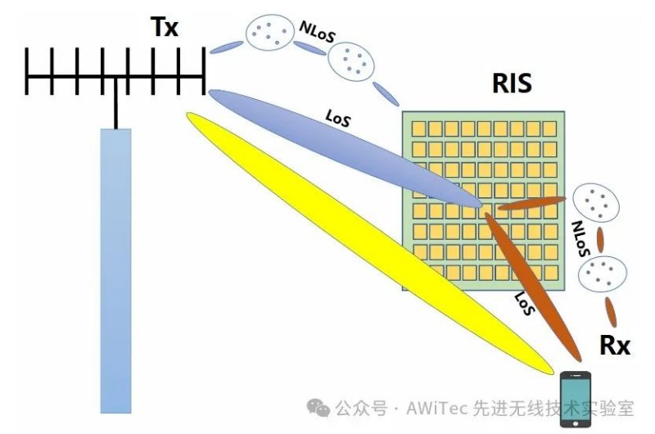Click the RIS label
[x=512, y=83]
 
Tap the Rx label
[x=615, y=346]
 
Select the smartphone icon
[x=576, y=398]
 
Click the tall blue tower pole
[x=115, y=270]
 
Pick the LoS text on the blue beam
[x=337, y=119]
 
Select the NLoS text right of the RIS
[x=582, y=238]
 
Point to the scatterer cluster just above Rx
[x=604, y=274]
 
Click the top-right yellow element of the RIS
[x=549, y=129]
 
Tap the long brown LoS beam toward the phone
[x=532, y=283]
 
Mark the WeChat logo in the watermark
[x=318, y=407]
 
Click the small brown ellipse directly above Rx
[x=611, y=312]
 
